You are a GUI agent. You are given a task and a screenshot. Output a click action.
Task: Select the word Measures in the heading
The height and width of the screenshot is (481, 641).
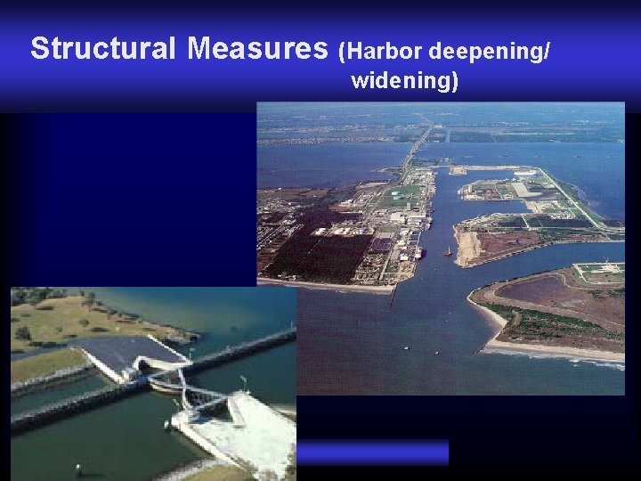point(258,48)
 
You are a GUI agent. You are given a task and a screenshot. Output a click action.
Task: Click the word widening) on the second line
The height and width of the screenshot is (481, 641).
point(405,82)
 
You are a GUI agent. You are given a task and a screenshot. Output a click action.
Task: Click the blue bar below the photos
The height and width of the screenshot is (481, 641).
point(371,452)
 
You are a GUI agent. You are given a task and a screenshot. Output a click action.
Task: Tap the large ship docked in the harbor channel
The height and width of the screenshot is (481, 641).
point(418,253)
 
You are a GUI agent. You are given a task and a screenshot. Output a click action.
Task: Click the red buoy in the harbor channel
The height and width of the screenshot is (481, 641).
point(447,251)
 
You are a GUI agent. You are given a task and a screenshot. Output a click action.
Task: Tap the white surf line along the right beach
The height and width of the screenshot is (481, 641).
point(570,355)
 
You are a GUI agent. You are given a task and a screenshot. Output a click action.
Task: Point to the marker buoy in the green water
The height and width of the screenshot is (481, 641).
point(78,467)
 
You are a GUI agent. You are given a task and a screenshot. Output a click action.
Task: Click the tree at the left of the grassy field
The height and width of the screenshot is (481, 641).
point(22,333)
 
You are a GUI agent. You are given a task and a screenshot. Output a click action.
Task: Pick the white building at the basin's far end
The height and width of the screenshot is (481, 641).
point(526,173)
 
